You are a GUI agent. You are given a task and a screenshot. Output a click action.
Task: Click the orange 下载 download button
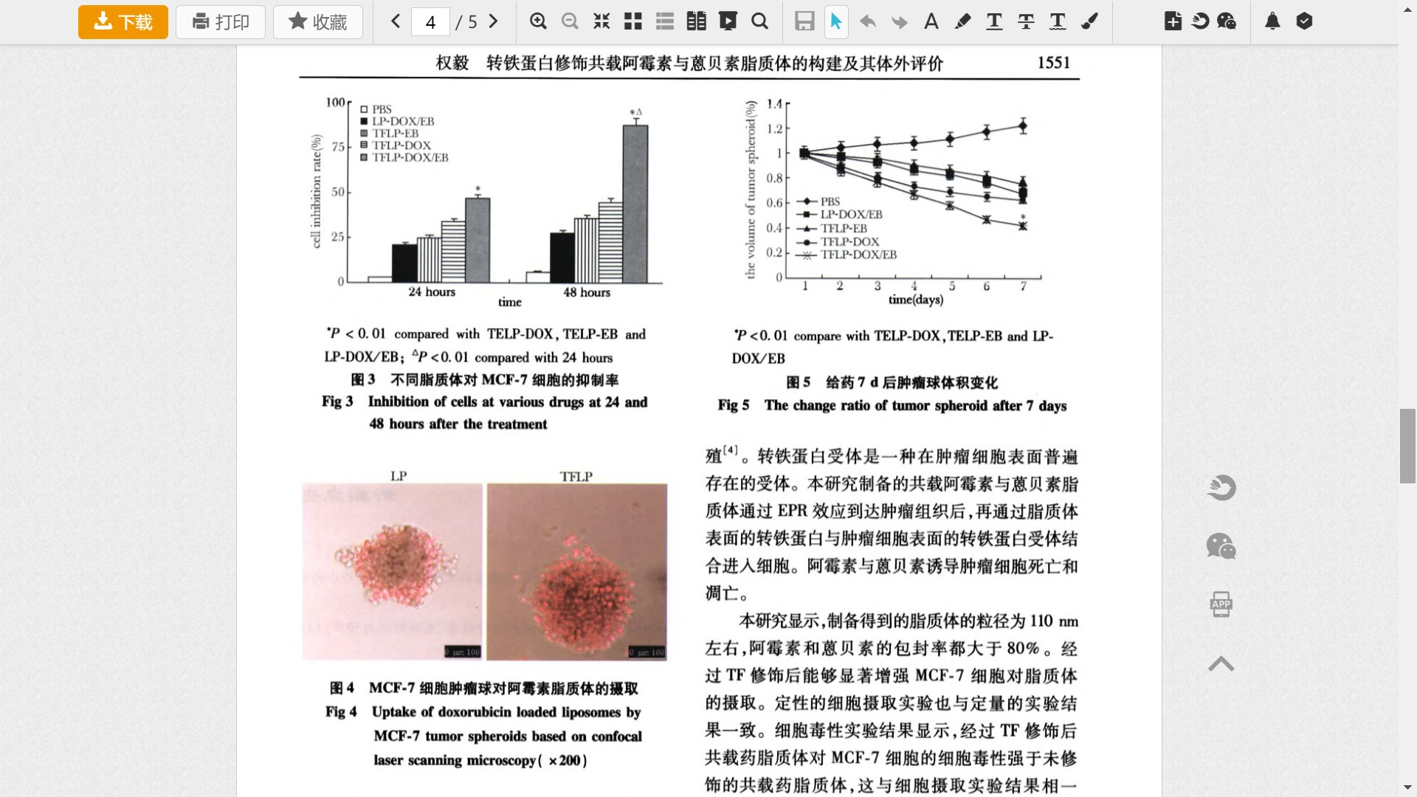click(x=123, y=22)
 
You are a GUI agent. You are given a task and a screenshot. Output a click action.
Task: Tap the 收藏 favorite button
click(x=317, y=22)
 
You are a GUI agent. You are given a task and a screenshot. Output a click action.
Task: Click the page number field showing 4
click(x=430, y=22)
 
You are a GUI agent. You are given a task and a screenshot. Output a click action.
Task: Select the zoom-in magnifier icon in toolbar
click(x=538, y=21)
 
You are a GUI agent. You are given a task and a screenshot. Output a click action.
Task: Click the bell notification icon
click(x=1272, y=21)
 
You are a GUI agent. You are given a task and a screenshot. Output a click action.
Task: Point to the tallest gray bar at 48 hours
click(x=635, y=204)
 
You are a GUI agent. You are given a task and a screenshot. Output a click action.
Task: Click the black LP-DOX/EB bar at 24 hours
click(x=404, y=263)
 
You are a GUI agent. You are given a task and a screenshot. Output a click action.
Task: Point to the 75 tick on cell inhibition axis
click(x=338, y=147)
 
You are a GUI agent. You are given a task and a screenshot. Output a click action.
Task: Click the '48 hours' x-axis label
click(x=587, y=292)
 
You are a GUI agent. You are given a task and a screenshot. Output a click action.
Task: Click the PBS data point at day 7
click(x=1023, y=126)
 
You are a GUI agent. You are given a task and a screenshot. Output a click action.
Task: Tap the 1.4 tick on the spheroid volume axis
click(x=774, y=104)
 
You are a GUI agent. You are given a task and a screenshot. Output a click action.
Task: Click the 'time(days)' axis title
click(x=915, y=300)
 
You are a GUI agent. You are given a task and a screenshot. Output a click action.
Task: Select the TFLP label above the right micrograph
click(x=576, y=477)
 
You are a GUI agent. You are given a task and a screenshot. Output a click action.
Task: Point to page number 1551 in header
click(x=1053, y=63)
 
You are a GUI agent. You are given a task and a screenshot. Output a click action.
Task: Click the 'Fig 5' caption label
click(x=733, y=405)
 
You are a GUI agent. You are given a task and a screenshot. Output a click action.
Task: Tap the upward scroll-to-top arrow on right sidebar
click(x=1221, y=664)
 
